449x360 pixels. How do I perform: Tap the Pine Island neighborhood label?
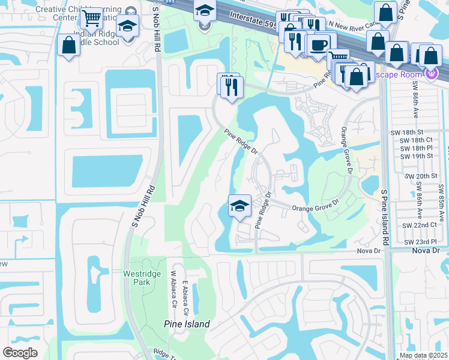187,324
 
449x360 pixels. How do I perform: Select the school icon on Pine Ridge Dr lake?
239,206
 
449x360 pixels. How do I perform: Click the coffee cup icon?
319,44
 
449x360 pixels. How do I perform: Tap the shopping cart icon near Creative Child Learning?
92,19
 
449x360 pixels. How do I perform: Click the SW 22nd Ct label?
420,224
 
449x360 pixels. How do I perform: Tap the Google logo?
20,352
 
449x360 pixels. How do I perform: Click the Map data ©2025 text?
423,356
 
